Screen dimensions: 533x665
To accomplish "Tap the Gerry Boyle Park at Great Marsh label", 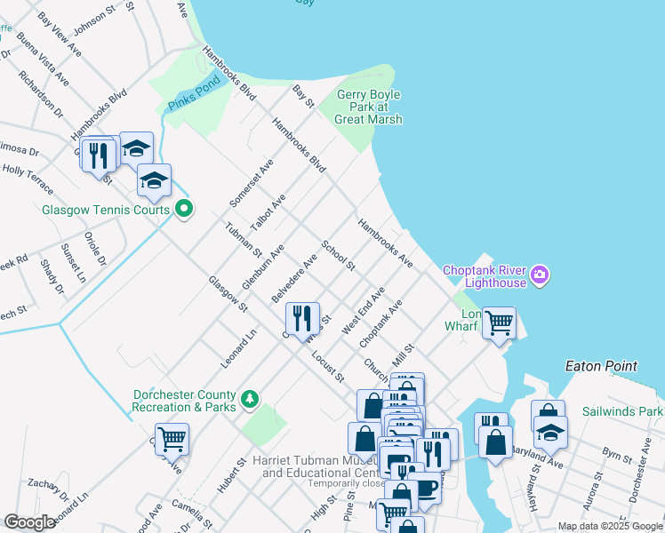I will coord(369,107).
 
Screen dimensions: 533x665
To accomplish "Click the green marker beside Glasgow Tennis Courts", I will coord(184,211).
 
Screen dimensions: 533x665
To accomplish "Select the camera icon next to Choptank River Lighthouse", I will coord(539,276).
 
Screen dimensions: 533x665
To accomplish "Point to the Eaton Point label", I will coord(601,366).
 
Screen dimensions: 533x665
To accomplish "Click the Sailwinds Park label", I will coord(623,411).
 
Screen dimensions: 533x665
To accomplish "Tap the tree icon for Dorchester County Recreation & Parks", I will coord(252,401).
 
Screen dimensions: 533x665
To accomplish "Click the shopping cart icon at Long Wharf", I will coord(499,322).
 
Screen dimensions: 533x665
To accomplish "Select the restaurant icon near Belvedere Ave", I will coord(302,316).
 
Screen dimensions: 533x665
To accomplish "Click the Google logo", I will coord(30,521).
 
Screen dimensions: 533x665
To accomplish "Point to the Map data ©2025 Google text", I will coord(610,526).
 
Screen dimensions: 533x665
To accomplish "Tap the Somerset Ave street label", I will coord(265,180).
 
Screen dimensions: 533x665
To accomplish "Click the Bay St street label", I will coord(304,97).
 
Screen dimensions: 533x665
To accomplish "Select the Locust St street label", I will coord(328,367).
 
